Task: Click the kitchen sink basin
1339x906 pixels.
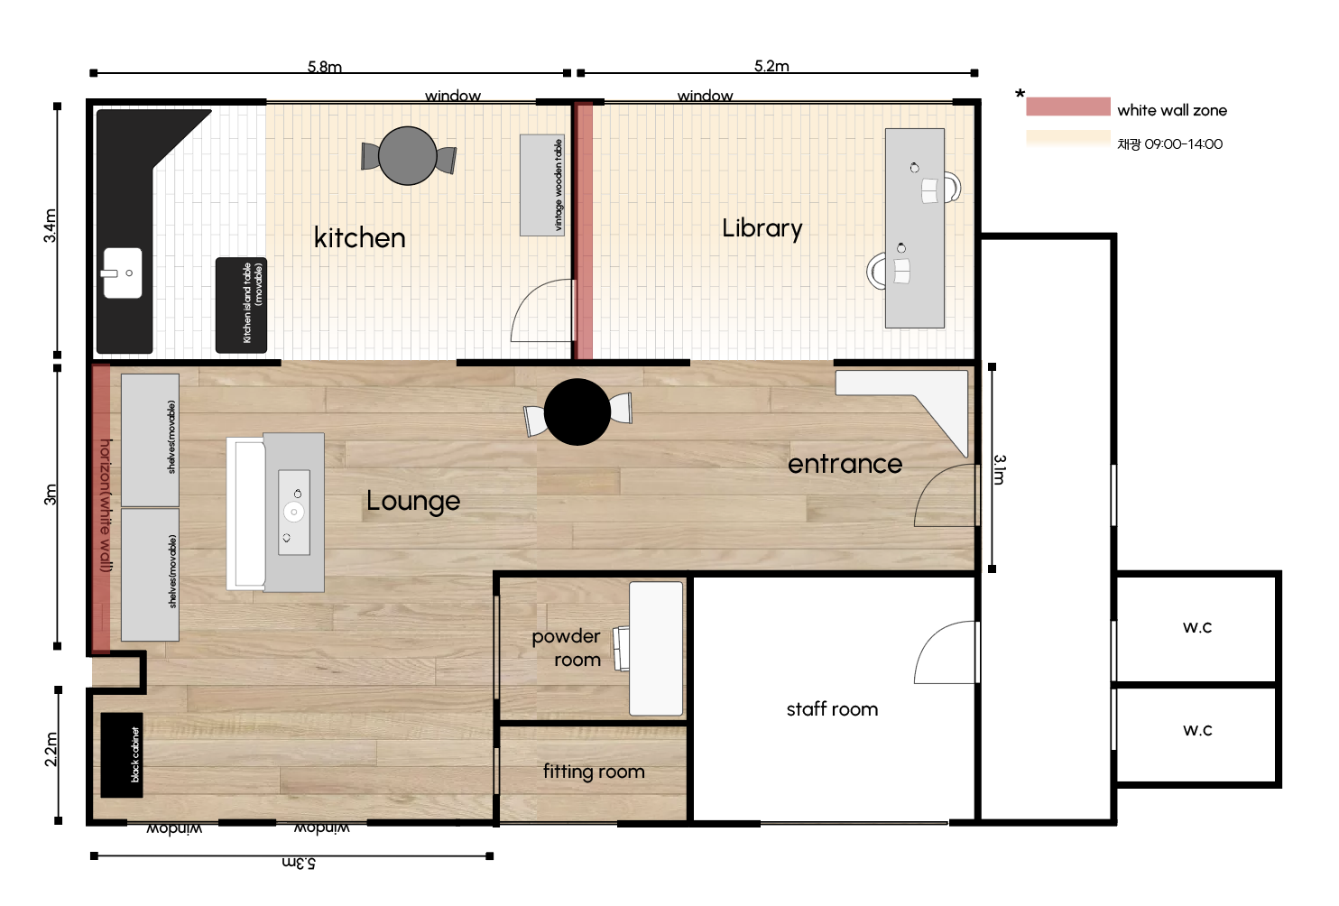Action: click(123, 273)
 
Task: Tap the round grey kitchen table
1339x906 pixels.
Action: click(408, 155)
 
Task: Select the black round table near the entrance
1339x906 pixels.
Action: click(577, 411)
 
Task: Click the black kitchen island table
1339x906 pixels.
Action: click(241, 305)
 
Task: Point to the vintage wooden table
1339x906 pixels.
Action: click(542, 185)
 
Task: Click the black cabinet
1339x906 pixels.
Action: click(122, 754)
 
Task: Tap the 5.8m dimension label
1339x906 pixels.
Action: click(325, 67)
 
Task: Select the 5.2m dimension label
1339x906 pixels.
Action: click(771, 66)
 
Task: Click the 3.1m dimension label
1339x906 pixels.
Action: click(1000, 469)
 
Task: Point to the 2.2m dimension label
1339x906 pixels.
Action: click(51, 749)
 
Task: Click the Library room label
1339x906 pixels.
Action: click(762, 228)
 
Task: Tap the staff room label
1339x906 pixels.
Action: click(832, 709)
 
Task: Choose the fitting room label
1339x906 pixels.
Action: click(594, 772)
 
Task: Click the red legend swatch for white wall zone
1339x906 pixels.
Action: click(1068, 106)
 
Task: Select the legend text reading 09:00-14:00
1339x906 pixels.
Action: click(1184, 144)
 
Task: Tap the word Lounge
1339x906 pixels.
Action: click(413, 501)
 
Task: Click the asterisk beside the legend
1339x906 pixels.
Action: click(1020, 94)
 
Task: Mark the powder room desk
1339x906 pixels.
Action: click(656, 648)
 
